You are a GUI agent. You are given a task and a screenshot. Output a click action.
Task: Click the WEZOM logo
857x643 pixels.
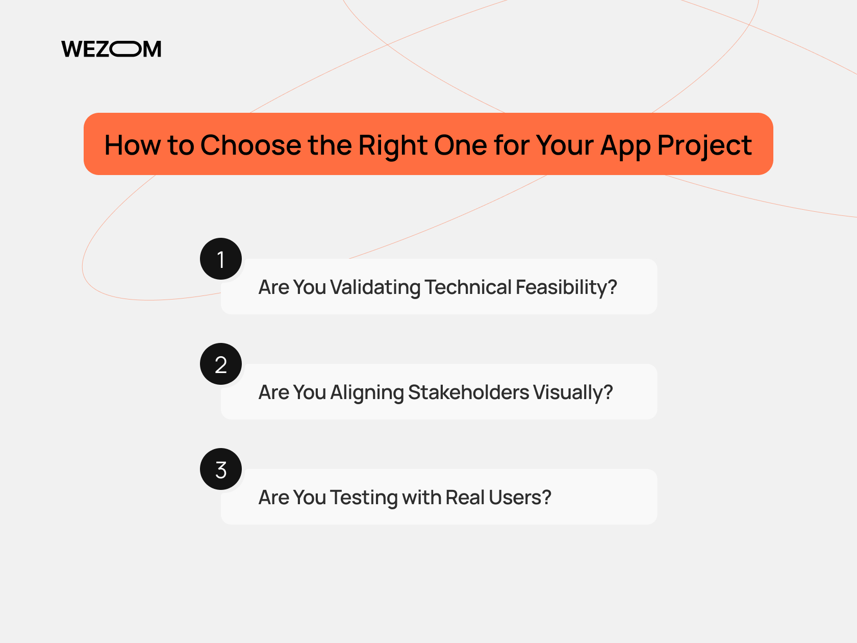tap(111, 49)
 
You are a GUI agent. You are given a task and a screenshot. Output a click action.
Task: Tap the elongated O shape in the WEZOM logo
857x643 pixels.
tap(126, 49)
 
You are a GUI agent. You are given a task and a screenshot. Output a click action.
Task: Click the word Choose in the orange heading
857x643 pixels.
tap(250, 145)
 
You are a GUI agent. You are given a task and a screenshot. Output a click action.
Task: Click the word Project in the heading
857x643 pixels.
tap(704, 145)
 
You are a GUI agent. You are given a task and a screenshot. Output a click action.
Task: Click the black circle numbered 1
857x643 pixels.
tap(221, 259)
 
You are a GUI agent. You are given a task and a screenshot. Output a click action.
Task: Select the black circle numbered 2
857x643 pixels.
tap(221, 364)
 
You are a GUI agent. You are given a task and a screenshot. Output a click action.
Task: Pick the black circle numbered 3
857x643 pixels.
tap(221, 469)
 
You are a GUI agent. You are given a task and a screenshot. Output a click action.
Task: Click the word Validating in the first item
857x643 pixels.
tap(375, 287)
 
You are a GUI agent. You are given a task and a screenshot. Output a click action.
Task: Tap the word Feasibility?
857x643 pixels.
tap(566, 287)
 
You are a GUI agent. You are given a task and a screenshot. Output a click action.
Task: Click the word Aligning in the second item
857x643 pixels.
tap(367, 392)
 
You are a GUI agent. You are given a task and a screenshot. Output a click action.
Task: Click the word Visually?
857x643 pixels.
tap(573, 392)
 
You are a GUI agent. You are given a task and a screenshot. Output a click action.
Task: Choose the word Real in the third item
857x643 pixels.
tap(465, 498)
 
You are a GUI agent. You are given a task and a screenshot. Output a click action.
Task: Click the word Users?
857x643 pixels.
tap(520, 498)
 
